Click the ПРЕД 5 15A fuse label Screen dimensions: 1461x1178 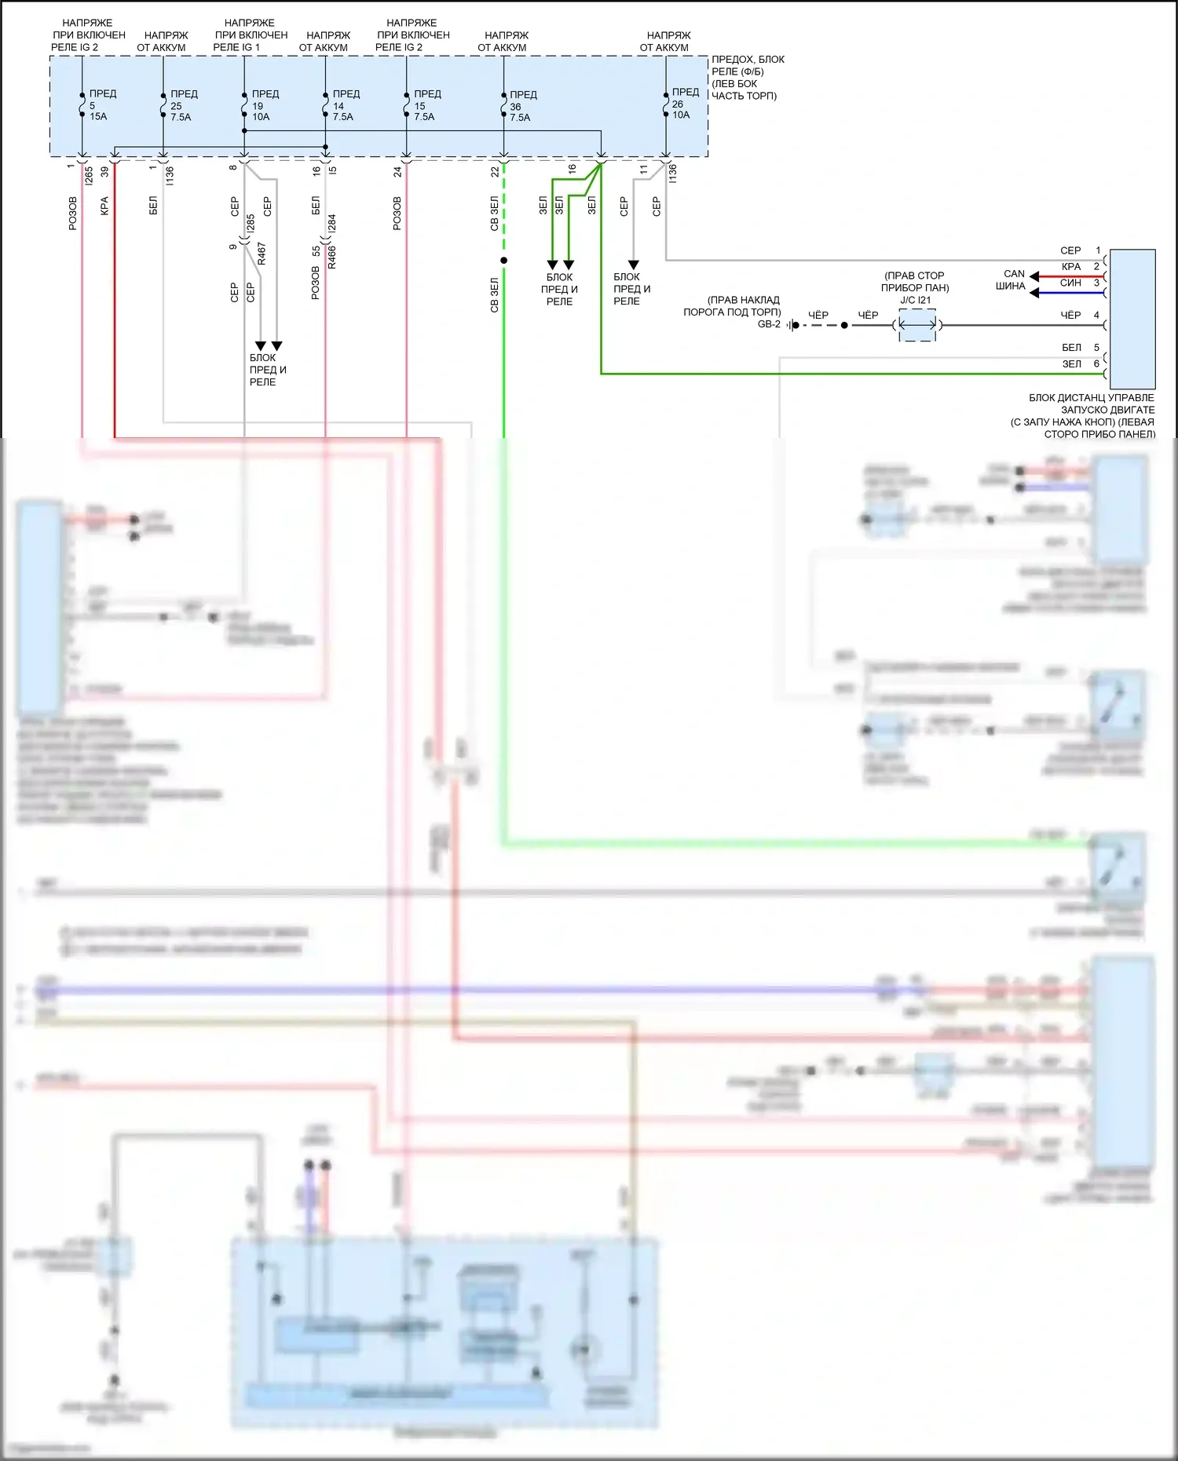click(101, 105)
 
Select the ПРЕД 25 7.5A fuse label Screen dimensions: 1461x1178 click(182, 105)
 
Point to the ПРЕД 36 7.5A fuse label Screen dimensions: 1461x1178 click(521, 106)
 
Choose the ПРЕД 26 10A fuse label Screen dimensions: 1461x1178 click(683, 104)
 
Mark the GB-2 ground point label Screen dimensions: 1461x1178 click(769, 324)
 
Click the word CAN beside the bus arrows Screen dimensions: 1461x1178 click(1014, 274)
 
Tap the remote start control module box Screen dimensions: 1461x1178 click(1132, 319)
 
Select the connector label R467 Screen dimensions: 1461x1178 click(262, 254)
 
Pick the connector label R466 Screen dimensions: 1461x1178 click(331, 257)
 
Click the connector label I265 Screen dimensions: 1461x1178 click(89, 176)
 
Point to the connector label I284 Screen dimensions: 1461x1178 click(331, 224)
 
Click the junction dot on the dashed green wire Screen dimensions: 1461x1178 click(504, 261)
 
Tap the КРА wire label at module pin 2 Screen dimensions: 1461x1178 click(1071, 267)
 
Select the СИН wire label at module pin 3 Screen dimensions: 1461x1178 click(1070, 283)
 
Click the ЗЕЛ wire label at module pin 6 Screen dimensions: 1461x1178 click(1071, 364)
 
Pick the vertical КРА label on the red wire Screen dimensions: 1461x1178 click(104, 206)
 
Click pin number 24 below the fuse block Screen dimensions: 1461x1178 click(397, 171)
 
